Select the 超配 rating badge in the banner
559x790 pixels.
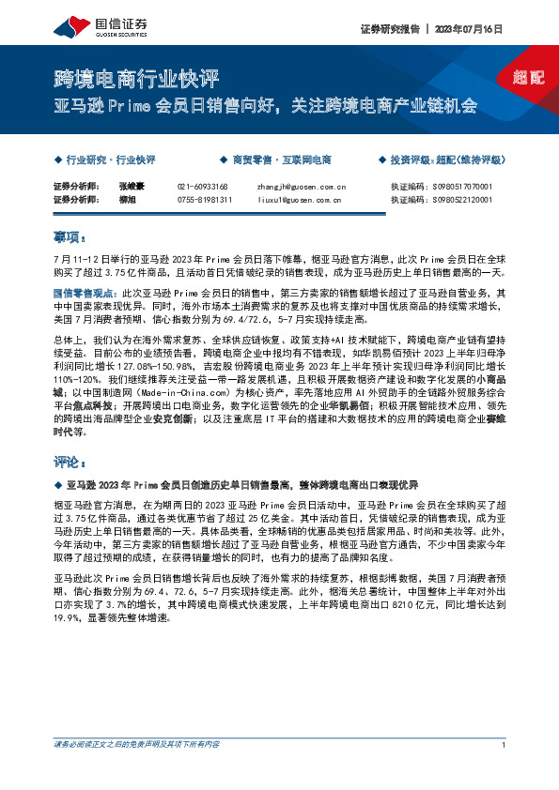coord(529,78)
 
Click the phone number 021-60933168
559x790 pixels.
coord(205,187)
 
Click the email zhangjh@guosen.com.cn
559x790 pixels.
coord(302,187)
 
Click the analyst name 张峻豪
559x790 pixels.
coord(132,187)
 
